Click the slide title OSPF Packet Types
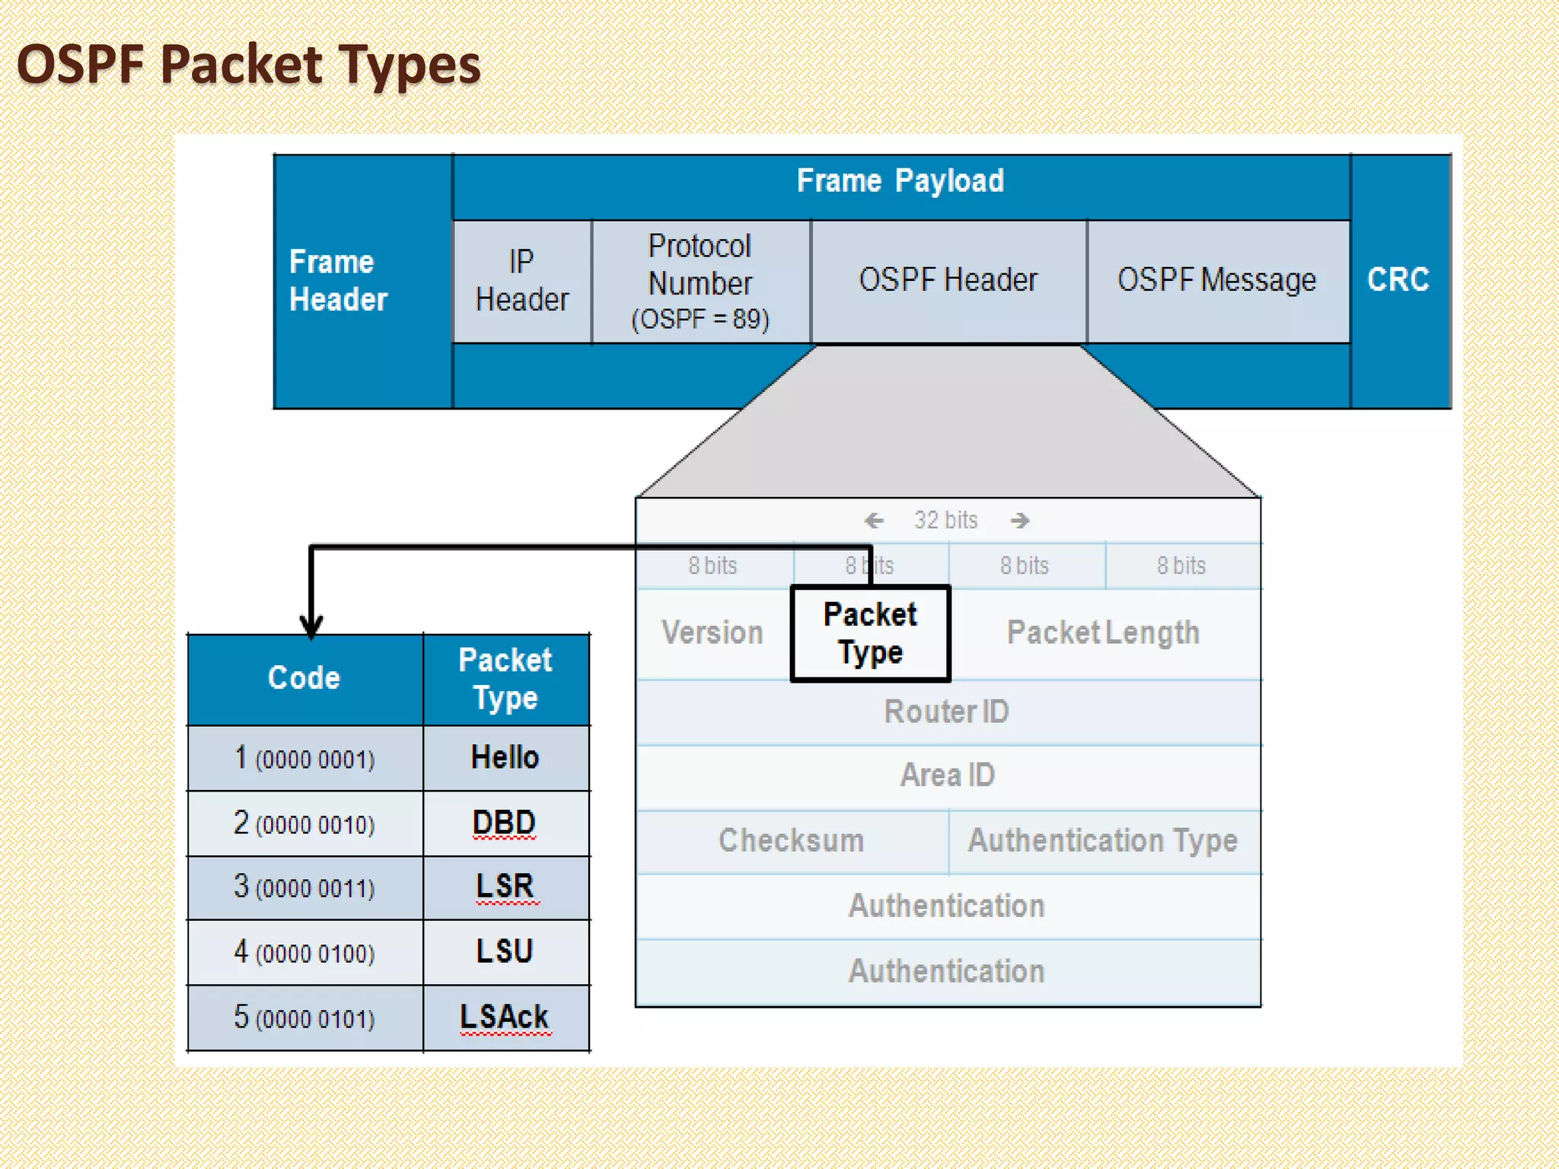click(x=249, y=64)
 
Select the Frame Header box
click(x=339, y=280)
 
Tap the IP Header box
click(x=521, y=281)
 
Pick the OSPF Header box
click(x=948, y=280)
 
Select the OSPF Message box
click(x=1216, y=280)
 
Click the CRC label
click(x=1398, y=279)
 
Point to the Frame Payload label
click(x=900, y=181)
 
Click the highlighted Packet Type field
click(x=870, y=633)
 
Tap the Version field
click(x=713, y=633)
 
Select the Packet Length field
click(x=1103, y=633)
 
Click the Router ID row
click(x=946, y=712)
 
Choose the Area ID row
click(x=948, y=776)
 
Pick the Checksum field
click(x=791, y=840)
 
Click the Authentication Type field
click(x=1102, y=840)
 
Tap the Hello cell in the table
click(x=505, y=757)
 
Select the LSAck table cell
click(x=505, y=1017)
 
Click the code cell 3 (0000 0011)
click(x=304, y=887)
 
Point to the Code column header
click(x=304, y=678)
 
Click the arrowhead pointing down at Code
click(x=311, y=626)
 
